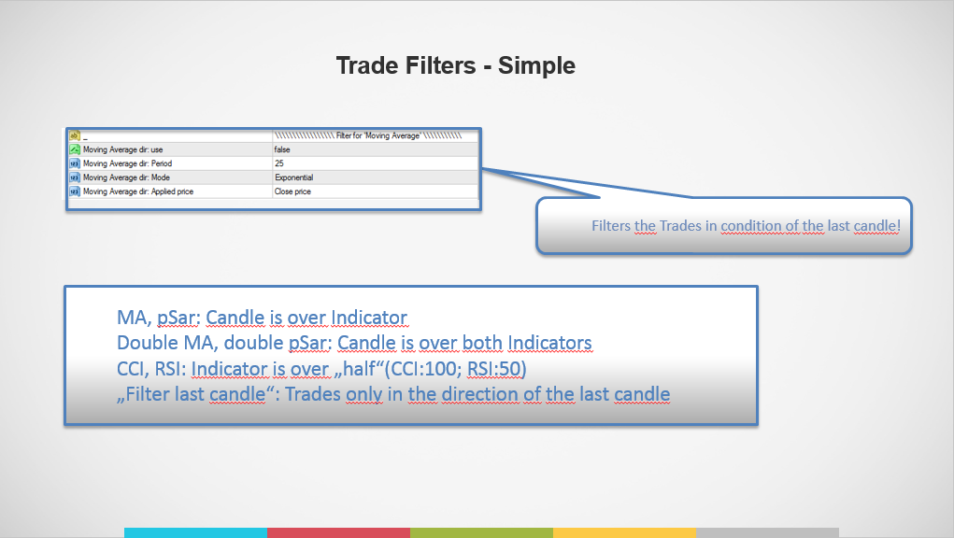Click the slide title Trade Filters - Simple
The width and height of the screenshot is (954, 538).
(x=456, y=65)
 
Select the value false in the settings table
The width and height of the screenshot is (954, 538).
(x=282, y=149)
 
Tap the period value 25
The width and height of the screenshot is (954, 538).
(x=279, y=163)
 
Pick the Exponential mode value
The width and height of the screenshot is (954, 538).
(x=294, y=177)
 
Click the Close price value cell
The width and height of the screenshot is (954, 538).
(x=292, y=191)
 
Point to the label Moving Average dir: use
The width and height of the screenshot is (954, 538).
(x=123, y=149)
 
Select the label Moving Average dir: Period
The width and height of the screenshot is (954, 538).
(x=127, y=163)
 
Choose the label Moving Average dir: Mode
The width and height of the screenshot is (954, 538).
(x=126, y=177)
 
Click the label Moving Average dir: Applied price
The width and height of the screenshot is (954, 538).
(x=138, y=191)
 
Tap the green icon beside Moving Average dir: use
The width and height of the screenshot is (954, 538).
(x=75, y=149)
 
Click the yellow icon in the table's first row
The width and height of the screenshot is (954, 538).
(x=75, y=135)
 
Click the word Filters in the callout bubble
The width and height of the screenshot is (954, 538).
(x=611, y=225)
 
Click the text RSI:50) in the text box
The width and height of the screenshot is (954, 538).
(x=496, y=368)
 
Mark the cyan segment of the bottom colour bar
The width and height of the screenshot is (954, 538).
(x=195, y=533)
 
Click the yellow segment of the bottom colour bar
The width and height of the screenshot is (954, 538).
(x=624, y=533)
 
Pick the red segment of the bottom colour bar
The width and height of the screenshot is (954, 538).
(x=338, y=533)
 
